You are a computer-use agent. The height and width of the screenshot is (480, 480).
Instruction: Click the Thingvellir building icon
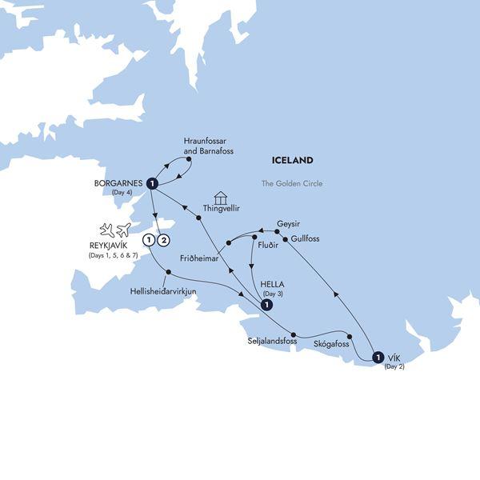(x=222, y=198)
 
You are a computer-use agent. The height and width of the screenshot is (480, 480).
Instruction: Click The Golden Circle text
(x=288, y=183)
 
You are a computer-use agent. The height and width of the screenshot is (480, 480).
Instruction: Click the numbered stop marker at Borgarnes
(x=151, y=186)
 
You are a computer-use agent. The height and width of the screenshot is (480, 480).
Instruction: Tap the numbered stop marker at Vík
(x=377, y=357)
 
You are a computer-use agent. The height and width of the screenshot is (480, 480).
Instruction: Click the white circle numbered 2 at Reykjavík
(x=164, y=239)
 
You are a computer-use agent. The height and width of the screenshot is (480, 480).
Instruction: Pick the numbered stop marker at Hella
(x=264, y=304)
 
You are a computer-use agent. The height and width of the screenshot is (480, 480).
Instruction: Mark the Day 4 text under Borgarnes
(x=122, y=193)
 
